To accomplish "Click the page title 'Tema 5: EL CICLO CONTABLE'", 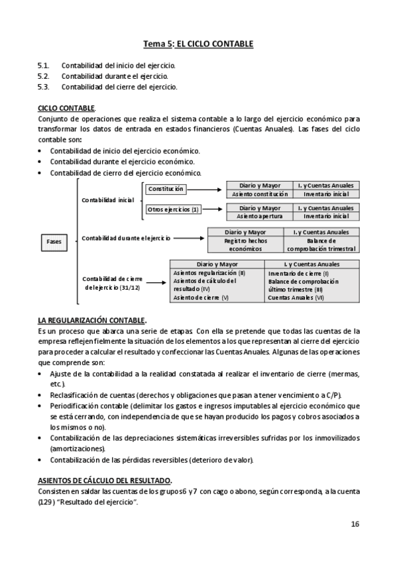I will (x=198, y=44).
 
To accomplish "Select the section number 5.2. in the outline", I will (x=43, y=76).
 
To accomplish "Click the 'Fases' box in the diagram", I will (x=54, y=241).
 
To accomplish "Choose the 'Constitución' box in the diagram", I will (x=166, y=189).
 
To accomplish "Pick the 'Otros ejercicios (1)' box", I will (x=173, y=210).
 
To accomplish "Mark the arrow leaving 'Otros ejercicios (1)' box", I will (x=211, y=211).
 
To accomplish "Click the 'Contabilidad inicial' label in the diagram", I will (x=107, y=199).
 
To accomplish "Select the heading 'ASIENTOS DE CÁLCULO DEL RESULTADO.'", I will (x=105, y=479).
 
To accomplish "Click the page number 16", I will (x=355, y=524).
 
